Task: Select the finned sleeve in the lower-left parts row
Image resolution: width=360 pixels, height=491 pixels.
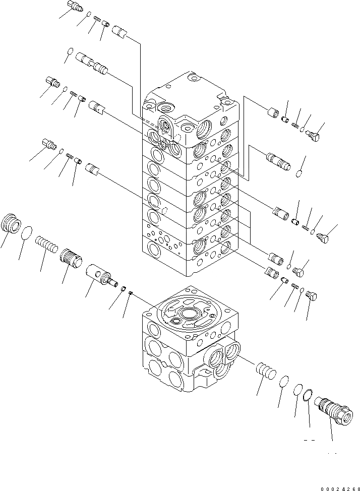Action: click(x=70, y=259)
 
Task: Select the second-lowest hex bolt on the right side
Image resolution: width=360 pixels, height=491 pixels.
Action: click(x=299, y=273)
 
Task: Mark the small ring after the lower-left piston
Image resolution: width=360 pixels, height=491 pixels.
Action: click(x=122, y=289)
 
